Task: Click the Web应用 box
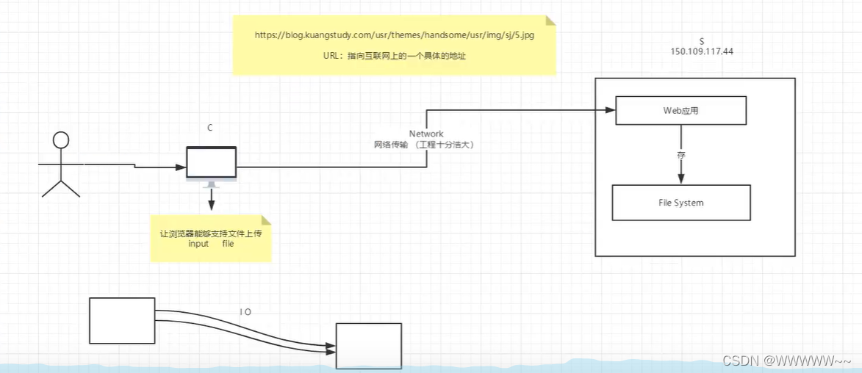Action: point(680,111)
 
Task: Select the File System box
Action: point(681,203)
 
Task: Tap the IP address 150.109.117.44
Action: point(702,52)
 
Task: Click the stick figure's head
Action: point(61,140)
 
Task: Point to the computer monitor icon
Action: point(211,164)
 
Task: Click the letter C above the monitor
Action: point(210,128)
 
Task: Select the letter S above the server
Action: point(702,41)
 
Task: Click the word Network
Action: point(426,134)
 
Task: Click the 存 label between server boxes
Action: point(681,156)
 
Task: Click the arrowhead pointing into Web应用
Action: point(610,111)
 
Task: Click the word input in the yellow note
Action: point(198,244)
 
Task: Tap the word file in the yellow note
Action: point(228,244)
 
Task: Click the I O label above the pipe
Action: point(245,312)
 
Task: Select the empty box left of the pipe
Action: point(122,320)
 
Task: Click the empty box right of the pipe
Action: point(369,345)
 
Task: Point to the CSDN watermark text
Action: point(786,361)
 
